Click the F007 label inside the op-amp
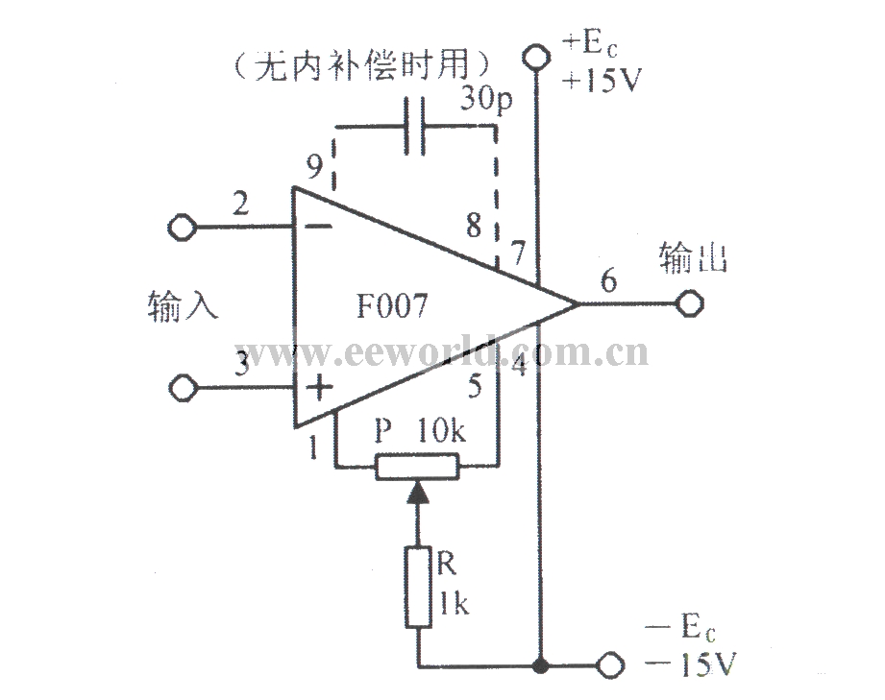coord(392,306)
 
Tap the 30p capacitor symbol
coord(415,127)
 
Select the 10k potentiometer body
coord(417,467)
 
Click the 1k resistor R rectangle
coord(418,587)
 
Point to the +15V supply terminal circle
coord(535,57)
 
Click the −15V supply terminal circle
coord(610,665)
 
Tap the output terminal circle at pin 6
coord(690,303)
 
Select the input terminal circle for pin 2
coord(183,228)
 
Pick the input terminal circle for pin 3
coord(184,388)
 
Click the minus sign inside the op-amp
coord(318,227)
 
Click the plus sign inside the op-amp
coord(319,388)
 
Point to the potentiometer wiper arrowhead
coord(418,491)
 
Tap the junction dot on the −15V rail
coord(540,665)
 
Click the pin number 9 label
coord(314,165)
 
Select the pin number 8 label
coord(474,225)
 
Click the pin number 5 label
coord(476,386)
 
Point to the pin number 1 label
coord(313,448)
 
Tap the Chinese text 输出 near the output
coord(693,258)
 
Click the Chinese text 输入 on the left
coord(183,306)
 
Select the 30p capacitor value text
coord(486,99)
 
